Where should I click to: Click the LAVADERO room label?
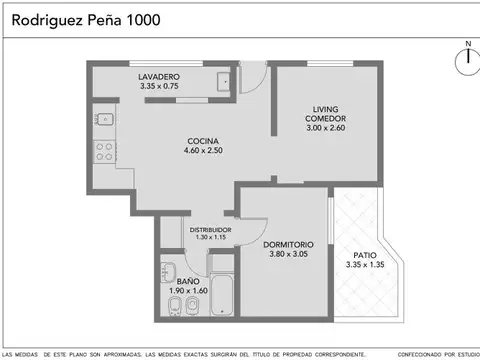(159, 77)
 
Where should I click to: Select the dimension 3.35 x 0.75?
(159, 87)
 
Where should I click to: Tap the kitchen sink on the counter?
(104, 121)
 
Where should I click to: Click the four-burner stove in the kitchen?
(104, 153)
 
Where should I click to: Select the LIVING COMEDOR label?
(326, 114)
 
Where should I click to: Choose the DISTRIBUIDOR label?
(211, 229)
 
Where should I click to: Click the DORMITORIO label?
(289, 244)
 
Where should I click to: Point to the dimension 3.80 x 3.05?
(289, 255)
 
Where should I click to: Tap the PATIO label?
(366, 255)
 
